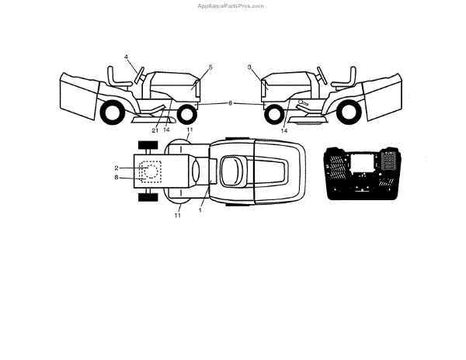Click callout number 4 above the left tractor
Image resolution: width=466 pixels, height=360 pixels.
tap(126, 57)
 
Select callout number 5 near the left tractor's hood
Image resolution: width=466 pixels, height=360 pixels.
tap(210, 67)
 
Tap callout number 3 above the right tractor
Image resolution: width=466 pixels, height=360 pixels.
tap(250, 67)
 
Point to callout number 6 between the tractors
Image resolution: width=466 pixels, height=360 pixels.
tap(230, 103)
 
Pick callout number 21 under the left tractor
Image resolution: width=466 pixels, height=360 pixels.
tap(155, 130)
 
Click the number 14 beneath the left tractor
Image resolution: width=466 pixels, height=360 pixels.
tap(166, 130)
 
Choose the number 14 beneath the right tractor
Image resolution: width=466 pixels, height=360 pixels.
tap(284, 130)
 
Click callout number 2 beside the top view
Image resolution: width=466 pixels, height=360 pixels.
tap(116, 168)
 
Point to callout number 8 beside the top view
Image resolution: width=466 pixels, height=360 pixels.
tap(116, 178)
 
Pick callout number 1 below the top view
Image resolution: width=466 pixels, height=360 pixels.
tap(200, 210)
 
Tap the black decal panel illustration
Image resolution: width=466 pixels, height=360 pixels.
tap(363, 172)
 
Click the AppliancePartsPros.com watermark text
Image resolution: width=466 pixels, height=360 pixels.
tap(232, 5)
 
